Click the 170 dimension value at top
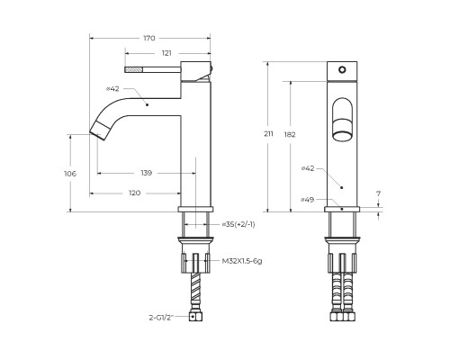(x=149, y=38)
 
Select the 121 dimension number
(x=166, y=53)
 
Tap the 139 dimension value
(x=147, y=173)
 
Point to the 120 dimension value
(x=134, y=193)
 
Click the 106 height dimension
(x=70, y=174)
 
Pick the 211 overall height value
(x=268, y=134)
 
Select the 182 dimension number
(x=290, y=135)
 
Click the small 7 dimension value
(x=378, y=193)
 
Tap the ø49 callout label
(x=308, y=199)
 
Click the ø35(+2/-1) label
(x=238, y=224)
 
